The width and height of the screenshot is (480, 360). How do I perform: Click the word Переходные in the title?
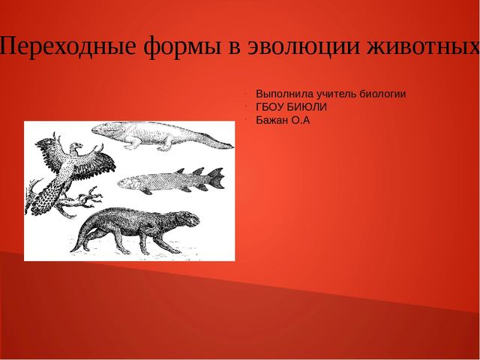coord(68,46)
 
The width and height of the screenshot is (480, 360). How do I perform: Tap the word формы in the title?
coord(182,47)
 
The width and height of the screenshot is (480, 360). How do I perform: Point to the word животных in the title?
coord(423,46)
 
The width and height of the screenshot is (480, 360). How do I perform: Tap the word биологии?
coord(382,94)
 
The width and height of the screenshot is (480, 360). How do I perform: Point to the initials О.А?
coord(300,120)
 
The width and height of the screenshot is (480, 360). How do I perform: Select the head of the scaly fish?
coord(126,182)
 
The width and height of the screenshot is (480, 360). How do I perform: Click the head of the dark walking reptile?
coord(189,219)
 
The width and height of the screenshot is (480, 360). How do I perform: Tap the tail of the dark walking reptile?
coord(80,238)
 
